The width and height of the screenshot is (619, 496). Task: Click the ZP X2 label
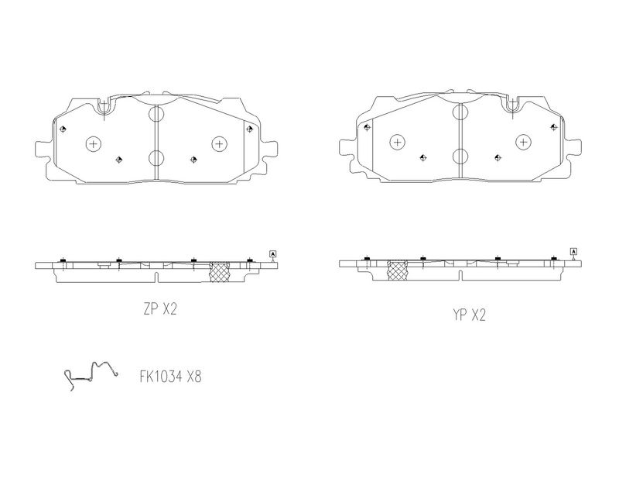click(160, 309)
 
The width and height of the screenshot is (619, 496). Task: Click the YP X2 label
click(469, 315)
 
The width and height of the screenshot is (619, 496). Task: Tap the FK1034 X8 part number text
click(170, 377)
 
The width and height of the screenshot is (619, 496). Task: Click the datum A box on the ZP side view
click(273, 253)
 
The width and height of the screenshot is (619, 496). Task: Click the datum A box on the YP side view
click(573, 251)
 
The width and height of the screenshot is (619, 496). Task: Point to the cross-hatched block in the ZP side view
click(219, 272)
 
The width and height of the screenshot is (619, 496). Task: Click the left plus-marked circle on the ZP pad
click(93, 143)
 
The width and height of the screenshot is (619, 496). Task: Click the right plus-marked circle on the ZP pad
click(219, 143)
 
